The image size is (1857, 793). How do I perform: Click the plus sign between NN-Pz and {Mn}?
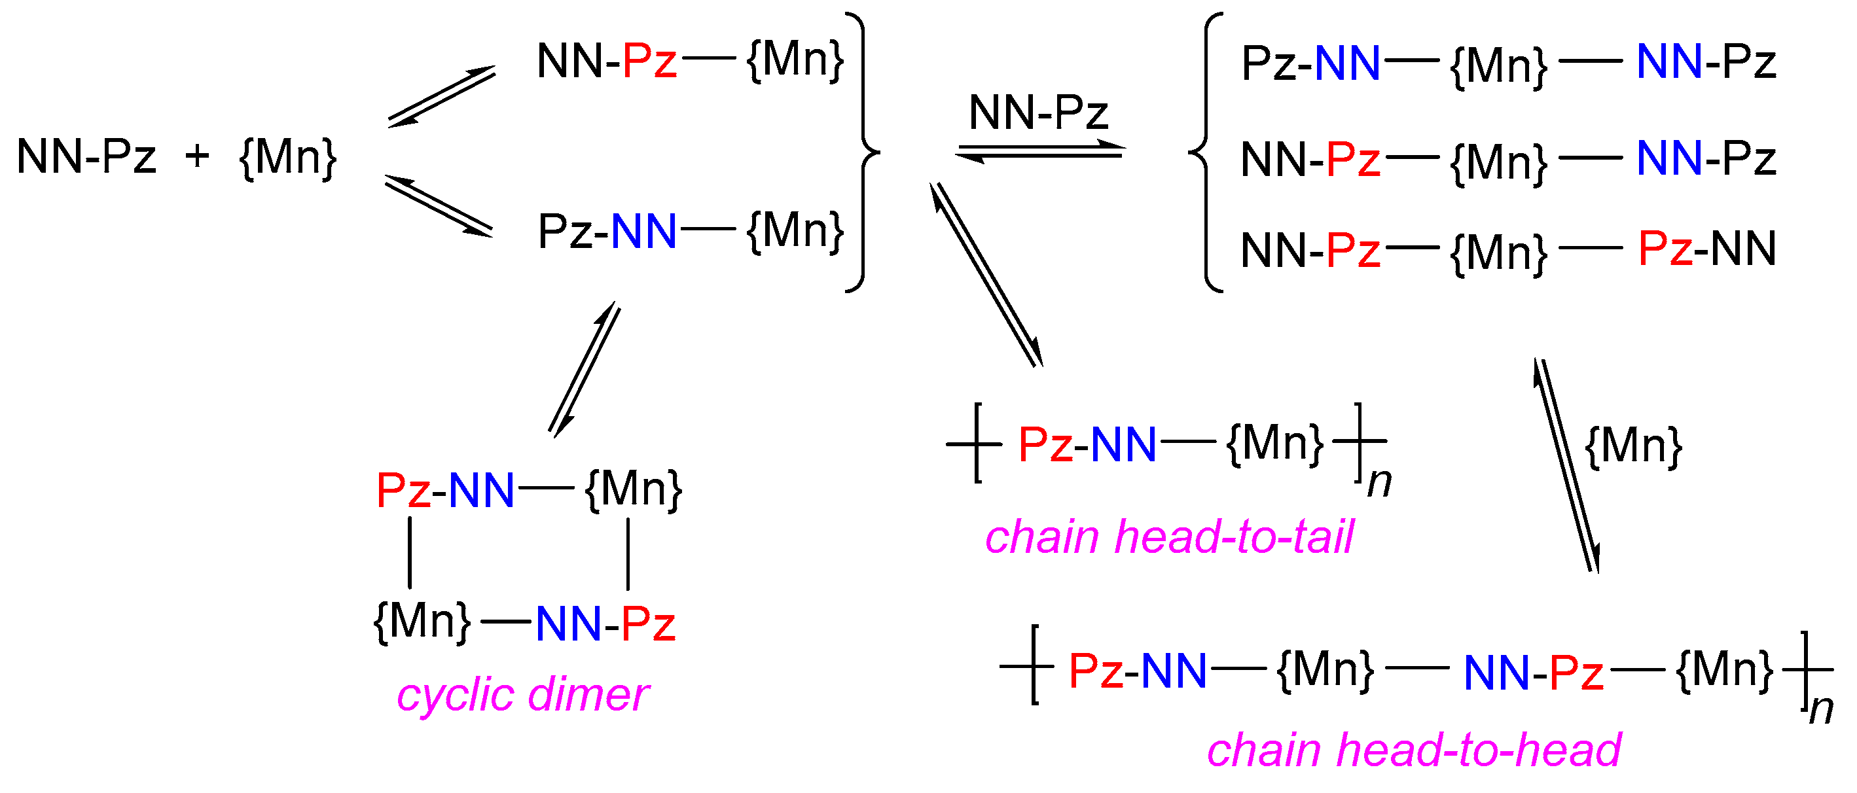(x=197, y=156)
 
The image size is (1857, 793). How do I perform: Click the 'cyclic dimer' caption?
(x=522, y=696)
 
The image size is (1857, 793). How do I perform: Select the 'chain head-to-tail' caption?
(x=1169, y=537)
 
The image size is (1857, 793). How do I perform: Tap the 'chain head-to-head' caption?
(x=1414, y=750)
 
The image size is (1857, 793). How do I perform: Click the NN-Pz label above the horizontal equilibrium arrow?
(x=1038, y=113)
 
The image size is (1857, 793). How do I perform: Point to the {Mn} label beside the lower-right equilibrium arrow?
(x=1634, y=446)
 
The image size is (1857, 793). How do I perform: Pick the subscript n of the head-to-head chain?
(x=1822, y=709)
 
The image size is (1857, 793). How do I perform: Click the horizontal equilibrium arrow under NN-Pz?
(x=1040, y=151)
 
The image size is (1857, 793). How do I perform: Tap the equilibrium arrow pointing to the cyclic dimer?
(x=584, y=369)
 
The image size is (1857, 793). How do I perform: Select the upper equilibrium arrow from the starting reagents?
(x=442, y=96)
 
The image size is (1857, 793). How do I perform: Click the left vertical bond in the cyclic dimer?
(x=410, y=553)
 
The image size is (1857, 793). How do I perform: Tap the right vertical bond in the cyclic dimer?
(x=628, y=554)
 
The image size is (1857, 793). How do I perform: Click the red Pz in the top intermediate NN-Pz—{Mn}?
(x=649, y=61)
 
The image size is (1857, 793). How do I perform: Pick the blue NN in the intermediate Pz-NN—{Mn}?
(x=643, y=232)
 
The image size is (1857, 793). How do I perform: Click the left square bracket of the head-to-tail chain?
(x=977, y=443)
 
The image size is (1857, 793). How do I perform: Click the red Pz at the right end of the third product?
(x=1665, y=249)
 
